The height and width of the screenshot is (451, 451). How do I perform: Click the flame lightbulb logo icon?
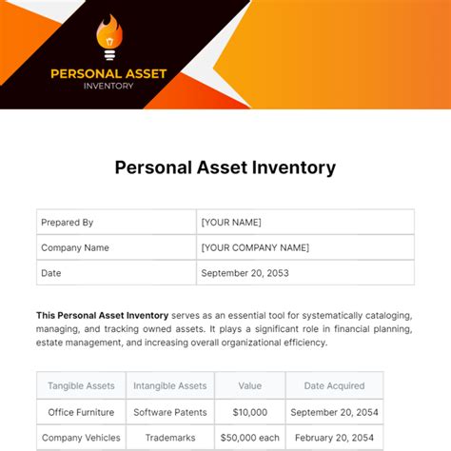click(109, 37)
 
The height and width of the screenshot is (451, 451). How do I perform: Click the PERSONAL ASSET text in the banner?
click(108, 71)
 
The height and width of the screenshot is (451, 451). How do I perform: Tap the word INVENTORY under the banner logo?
click(108, 85)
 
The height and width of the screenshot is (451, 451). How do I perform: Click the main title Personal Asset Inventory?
click(225, 167)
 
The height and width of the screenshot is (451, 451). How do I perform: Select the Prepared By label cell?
click(67, 223)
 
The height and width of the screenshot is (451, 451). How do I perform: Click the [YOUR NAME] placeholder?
click(231, 223)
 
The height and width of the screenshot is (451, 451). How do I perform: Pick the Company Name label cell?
click(74, 247)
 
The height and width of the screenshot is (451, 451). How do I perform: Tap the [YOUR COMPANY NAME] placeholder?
click(255, 247)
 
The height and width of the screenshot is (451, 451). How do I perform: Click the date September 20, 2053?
click(245, 273)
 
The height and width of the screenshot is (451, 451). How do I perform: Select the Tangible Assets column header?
click(81, 385)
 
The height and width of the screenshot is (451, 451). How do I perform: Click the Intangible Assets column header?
click(170, 385)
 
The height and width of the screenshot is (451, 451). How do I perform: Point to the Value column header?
click(249, 385)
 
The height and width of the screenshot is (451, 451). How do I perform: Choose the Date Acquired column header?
click(333, 385)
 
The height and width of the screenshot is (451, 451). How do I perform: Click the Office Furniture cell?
click(81, 412)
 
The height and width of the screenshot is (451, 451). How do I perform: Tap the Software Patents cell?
click(170, 412)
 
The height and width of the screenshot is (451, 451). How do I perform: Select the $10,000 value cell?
click(249, 412)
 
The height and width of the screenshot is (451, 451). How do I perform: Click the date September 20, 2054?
click(333, 412)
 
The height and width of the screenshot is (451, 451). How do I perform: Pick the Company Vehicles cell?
click(81, 438)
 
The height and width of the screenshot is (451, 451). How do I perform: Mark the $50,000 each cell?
click(249, 438)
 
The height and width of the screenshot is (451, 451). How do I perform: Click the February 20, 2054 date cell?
click(333, 438)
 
